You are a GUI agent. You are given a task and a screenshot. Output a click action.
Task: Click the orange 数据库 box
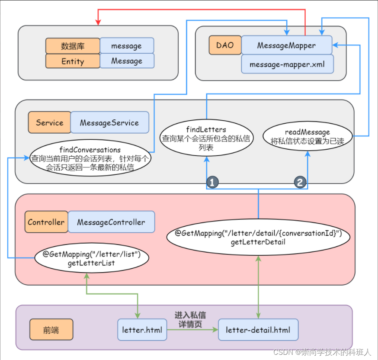click(x=73, y=46)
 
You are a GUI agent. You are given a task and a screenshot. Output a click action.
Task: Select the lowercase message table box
click(x=127, y=46)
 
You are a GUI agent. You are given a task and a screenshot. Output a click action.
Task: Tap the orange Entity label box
click(x=73, y=61)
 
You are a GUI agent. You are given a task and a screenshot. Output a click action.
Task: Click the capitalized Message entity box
click(x=127, y=61)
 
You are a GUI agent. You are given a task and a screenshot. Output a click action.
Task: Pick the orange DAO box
click(x=225, y=45)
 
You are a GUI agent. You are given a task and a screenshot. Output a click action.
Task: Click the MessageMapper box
click(x=286, y=45)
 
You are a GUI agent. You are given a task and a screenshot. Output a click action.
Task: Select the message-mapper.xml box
click(x=287, y=64)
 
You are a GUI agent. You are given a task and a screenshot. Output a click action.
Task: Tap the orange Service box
click(x=49, y=122)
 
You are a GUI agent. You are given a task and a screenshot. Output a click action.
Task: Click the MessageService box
click(x=109, y=122)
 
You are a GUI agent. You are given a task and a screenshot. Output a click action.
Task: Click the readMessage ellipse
click(x=308, y=136)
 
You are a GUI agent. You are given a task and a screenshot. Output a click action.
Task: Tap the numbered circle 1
click(x=211, y=183)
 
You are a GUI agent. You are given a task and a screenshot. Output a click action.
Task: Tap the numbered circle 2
click(x=301, y=183)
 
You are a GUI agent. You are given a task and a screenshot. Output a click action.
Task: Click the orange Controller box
click(x=46, y=222)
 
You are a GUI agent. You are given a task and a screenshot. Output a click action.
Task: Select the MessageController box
click(x=111, y=222)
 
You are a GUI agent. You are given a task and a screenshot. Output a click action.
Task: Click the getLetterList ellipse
click(x=91, y=258)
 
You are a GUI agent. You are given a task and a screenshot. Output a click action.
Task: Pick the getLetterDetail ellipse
click(x=258, y=237)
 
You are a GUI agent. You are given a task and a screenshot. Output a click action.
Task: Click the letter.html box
click(x=142, y=330)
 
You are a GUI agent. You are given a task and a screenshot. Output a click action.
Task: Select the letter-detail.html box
click(x=258, y=330)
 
